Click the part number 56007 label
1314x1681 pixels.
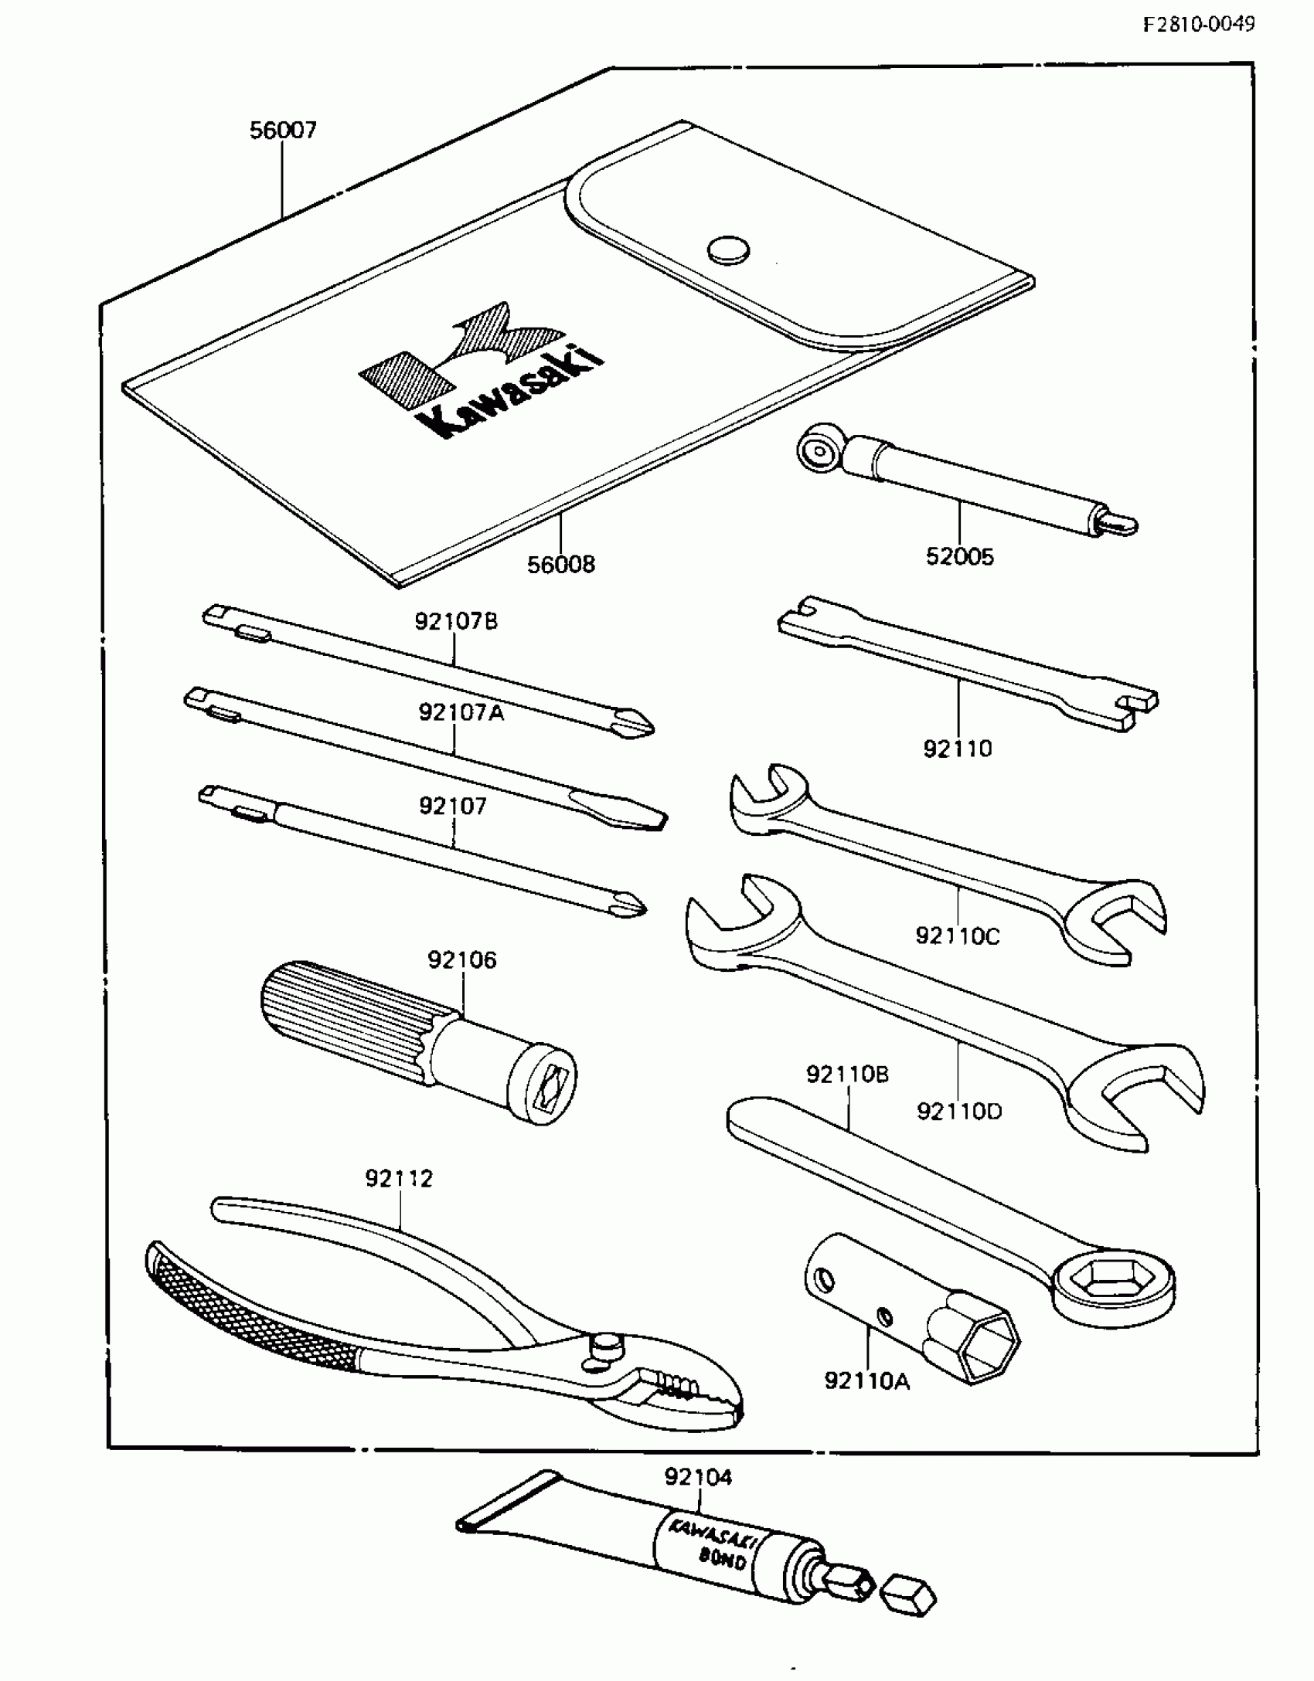[x=283, y=131]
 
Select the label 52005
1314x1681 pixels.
[x=959, y=557]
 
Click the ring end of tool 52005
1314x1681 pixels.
[x=816, y=447]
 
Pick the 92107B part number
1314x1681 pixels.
[x=456, y=621]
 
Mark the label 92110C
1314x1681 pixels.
[x=957, y=936]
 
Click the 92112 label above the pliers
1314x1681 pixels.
[x=399, y=1179]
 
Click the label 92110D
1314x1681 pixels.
[x=959, y=1112]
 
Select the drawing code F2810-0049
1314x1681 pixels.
[x=1199, y=24]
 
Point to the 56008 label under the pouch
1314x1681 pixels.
[x=561, y=565]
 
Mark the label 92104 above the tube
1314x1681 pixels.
[x=697, y=1477]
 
